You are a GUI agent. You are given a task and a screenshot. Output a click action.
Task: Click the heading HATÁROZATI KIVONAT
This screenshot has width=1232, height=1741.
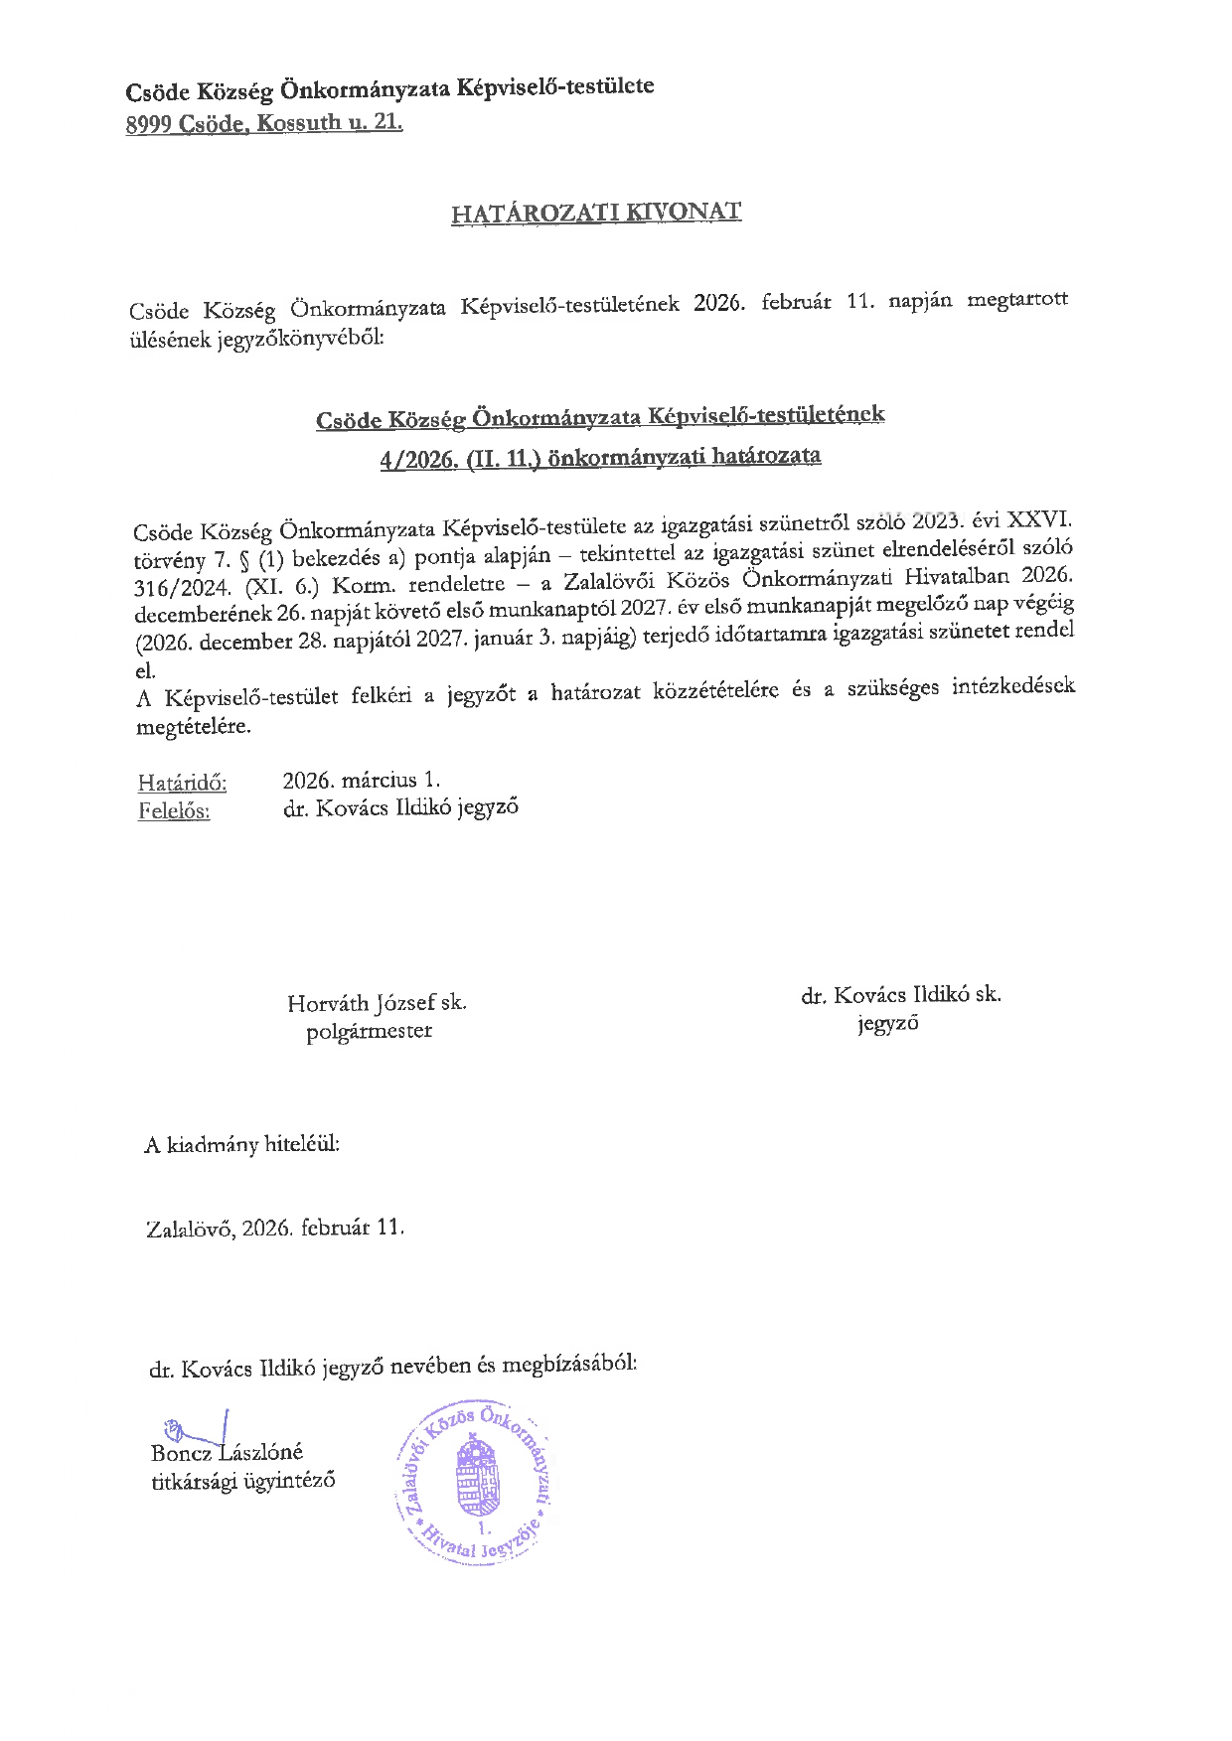[596, 214]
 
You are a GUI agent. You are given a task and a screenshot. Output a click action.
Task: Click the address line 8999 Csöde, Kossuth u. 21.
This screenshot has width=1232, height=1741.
[264, 124]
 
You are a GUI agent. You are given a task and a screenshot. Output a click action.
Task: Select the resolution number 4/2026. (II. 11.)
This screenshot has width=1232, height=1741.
[460, 461]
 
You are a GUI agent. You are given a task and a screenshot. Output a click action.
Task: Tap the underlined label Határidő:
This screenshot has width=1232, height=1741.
[182, 783]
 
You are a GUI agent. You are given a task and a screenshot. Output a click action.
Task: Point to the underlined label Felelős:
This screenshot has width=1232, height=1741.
[174, 811]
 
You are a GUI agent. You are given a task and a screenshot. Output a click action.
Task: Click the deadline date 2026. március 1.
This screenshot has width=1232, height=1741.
[362, 781]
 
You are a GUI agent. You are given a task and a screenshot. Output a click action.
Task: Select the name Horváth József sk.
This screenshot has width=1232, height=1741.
[377, 1003]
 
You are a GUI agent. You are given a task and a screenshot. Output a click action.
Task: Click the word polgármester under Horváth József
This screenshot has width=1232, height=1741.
[369, 1031]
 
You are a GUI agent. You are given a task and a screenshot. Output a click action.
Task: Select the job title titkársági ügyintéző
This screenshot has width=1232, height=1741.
[242, 1481]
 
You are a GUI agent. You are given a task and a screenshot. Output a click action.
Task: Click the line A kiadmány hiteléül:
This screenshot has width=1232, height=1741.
[242, 1145]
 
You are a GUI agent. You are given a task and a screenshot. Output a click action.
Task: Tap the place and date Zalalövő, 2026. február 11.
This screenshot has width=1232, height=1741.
[275, 1228]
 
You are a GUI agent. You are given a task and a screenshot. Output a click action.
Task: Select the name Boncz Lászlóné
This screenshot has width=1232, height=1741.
[227, 1453]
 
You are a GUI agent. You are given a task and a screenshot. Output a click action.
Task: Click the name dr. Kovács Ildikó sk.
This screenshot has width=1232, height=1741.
[901, 994]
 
